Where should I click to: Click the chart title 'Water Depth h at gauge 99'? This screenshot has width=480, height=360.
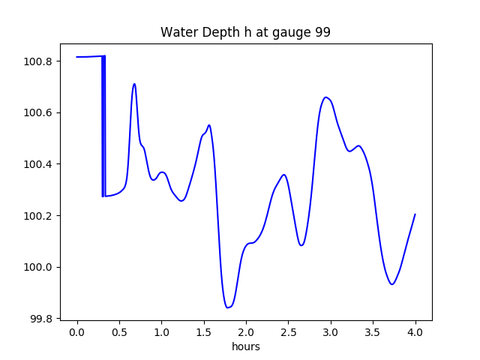[245, 32]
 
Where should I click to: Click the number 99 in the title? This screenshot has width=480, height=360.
[322, 32]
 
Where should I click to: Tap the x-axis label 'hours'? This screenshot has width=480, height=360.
[245, 347]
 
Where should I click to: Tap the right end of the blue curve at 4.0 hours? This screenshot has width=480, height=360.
[415, 214]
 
